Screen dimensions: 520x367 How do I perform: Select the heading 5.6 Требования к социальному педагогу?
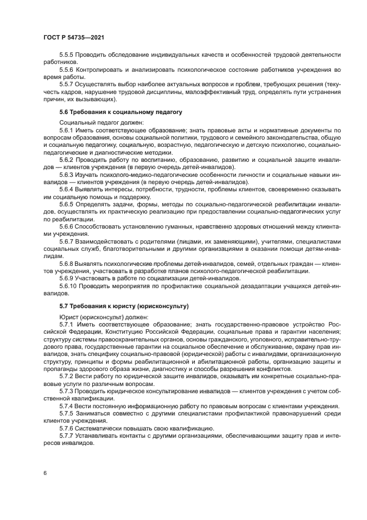click(120, 112)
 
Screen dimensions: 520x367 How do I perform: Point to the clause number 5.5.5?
click(67, 55)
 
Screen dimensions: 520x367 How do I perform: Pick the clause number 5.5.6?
click(67, 69)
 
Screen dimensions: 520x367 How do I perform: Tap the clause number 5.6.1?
click(67, 130)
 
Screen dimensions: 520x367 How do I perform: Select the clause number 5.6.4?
click(67, 189)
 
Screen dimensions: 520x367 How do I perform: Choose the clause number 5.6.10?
click(68, 285)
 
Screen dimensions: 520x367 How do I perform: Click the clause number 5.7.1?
click(67, 323)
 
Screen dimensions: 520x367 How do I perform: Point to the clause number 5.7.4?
click(67, 405)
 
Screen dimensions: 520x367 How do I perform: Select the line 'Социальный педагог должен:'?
click(100, 122)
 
